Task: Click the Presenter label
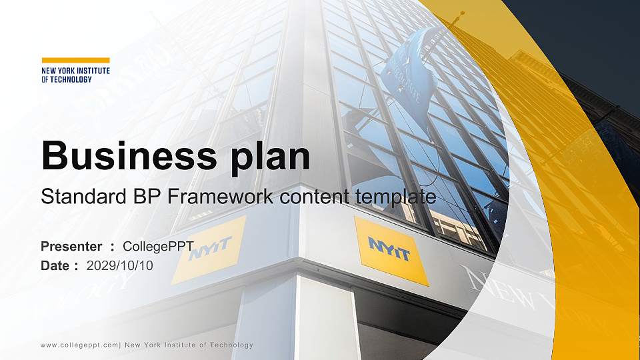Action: (x=71, y=247)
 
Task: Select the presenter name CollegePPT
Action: (x=158, y=247)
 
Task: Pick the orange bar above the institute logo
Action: (x=75, y=60)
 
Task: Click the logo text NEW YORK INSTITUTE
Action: (x=75, y=70)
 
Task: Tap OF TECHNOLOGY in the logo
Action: (x=67, y=79)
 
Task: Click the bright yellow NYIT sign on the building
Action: (x=391, y=250)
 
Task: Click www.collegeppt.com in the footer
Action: (x=79, y=345)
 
